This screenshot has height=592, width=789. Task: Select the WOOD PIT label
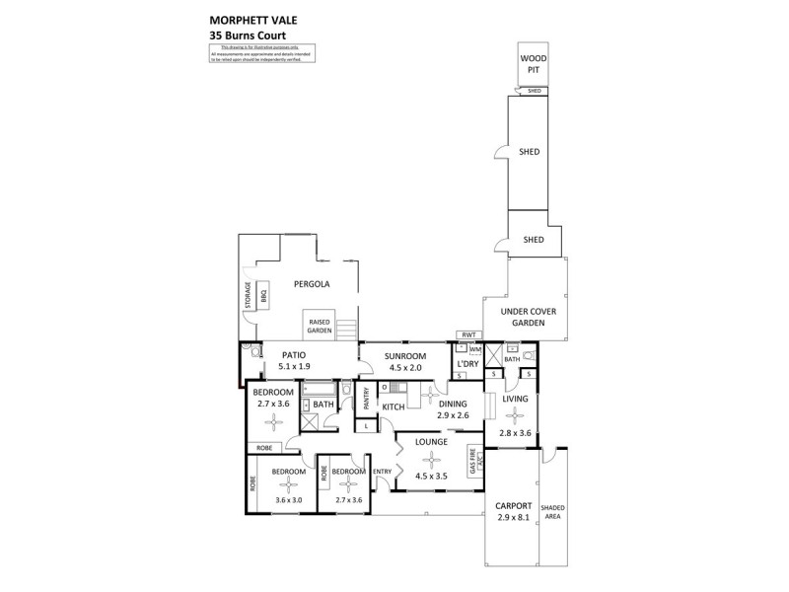point(534,65)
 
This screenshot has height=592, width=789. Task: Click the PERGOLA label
point(311,284)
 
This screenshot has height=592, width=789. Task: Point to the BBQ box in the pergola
point(264,294)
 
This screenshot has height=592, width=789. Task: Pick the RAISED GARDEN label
point(319,327)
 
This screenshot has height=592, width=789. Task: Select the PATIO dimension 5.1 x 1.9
point(294,366)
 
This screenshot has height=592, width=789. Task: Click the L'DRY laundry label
point(467,365)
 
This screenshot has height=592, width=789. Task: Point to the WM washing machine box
point(474,350)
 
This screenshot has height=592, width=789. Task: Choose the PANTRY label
point(366,397)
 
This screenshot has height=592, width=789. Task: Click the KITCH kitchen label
point(394,407)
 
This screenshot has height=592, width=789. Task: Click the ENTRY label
point(382,472)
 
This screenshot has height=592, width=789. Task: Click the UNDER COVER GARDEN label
point(530,316)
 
